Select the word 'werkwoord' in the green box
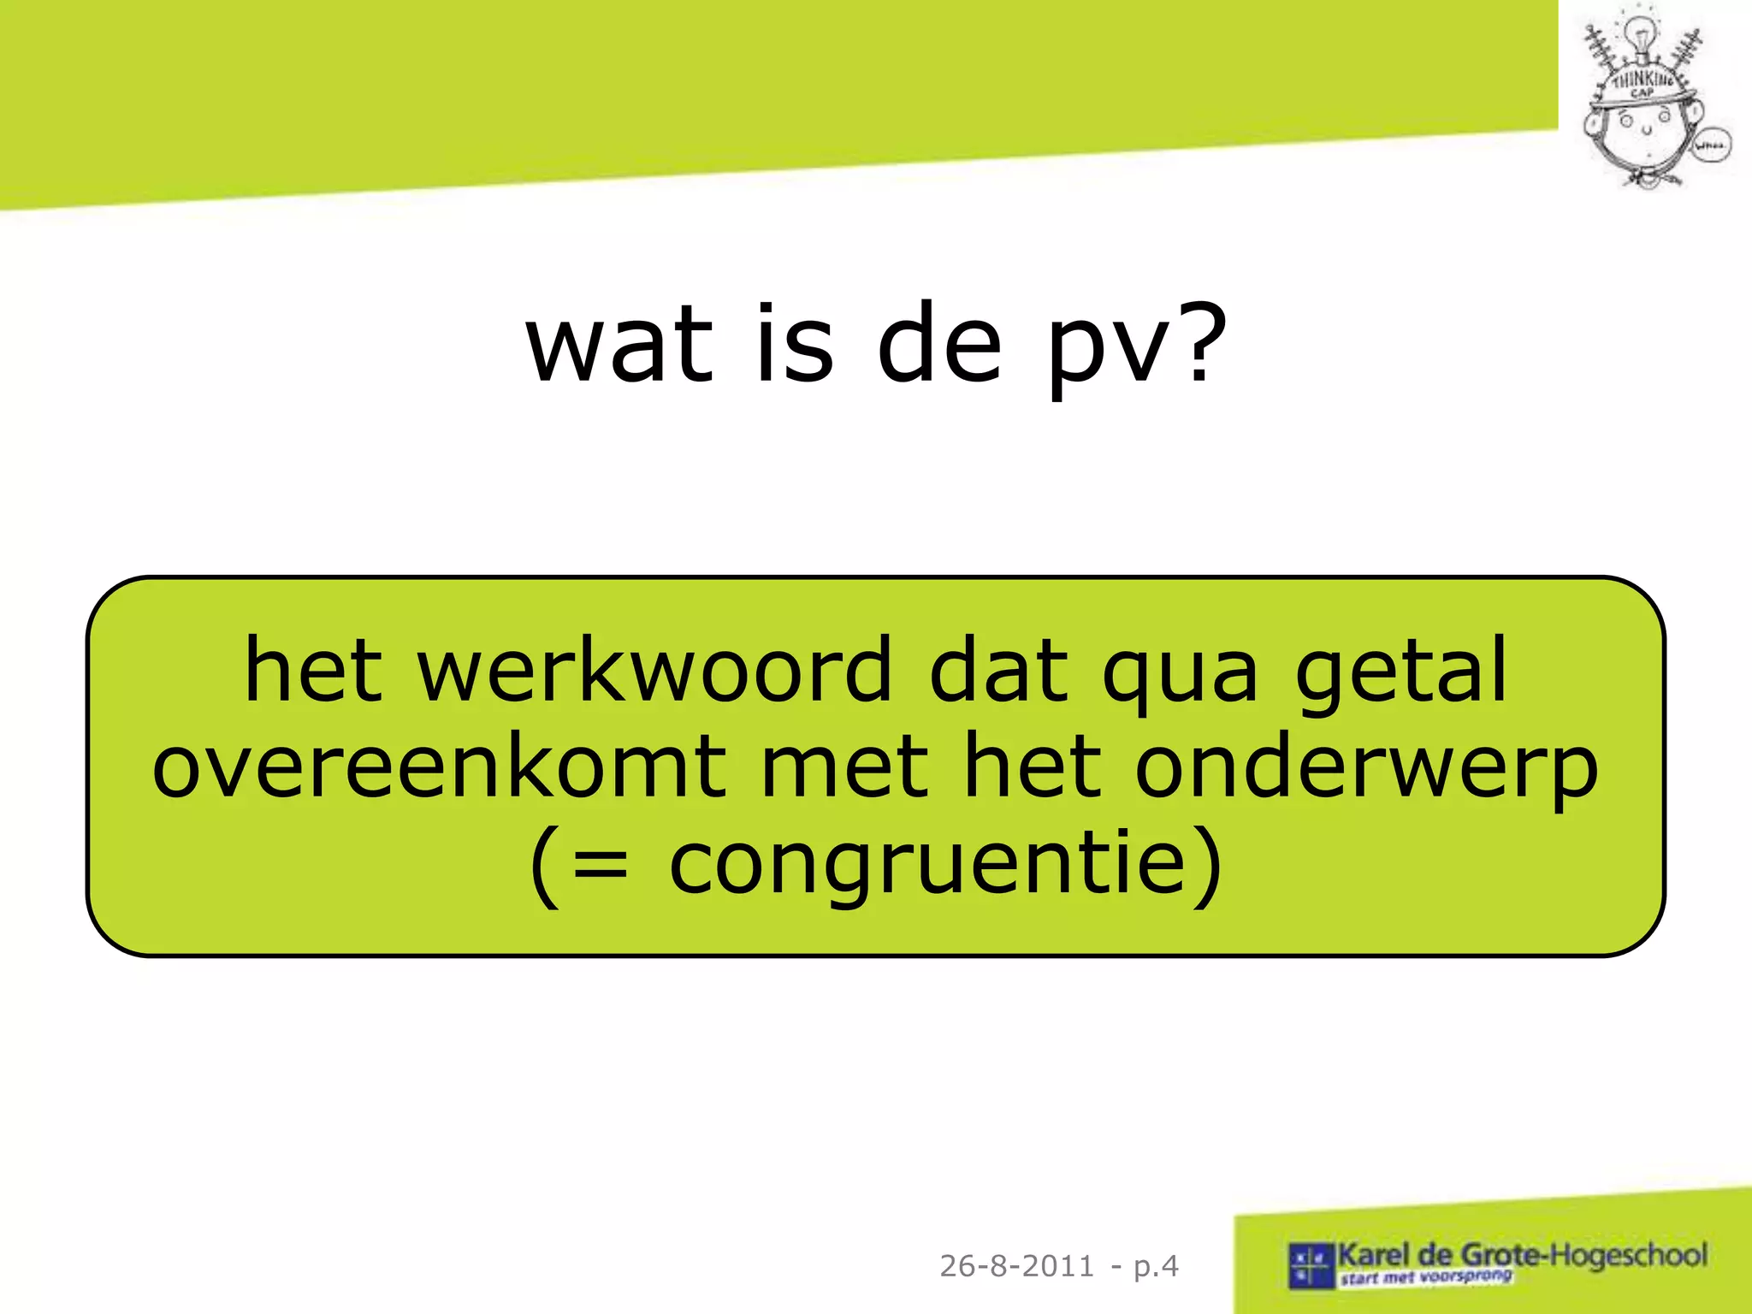tap(654, 672)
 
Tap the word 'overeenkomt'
tap(439, 767)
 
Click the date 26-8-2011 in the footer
tap(1016, 1266)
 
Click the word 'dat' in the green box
tap(998, 672)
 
